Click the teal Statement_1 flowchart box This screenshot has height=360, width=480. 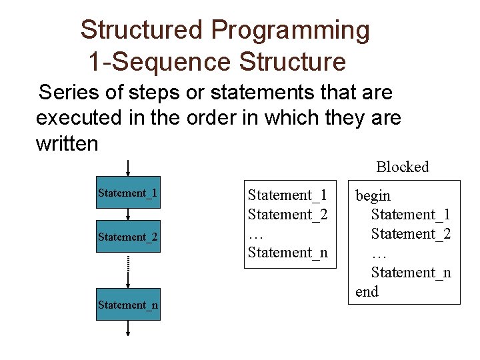(x=128, y=193)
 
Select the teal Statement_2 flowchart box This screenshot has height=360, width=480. (x=128, y=237)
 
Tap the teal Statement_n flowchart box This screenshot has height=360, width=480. (x=128, y=305)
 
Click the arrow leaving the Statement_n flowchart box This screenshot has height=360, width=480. (x=128, y=329)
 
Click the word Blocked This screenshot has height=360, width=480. (x=402, y=167)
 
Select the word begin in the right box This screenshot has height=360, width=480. (x=373, y=195)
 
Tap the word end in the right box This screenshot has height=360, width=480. (x=367, y=291)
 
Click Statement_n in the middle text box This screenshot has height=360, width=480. (x=288, y=252)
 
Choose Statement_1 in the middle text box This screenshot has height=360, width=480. (x=287, y=195)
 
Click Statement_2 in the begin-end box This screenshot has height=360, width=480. (x=411, y=234)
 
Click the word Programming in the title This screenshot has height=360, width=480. (x=290, y=30)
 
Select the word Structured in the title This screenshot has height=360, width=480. (x=141, y=30)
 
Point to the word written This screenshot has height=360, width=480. (x=67, y=143)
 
